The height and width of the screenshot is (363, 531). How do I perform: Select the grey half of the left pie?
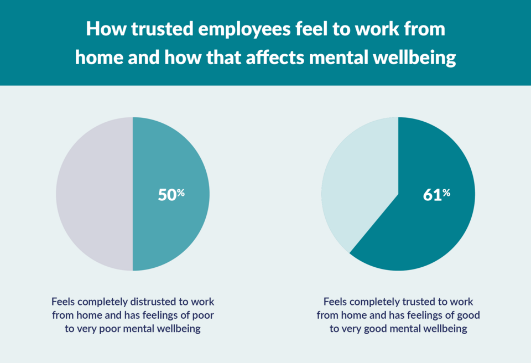click(x=94, y=194)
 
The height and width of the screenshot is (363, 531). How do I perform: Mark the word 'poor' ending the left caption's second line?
click(x=202, y=315)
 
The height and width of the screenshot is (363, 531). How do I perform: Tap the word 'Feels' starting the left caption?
click(x=64, y=302)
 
